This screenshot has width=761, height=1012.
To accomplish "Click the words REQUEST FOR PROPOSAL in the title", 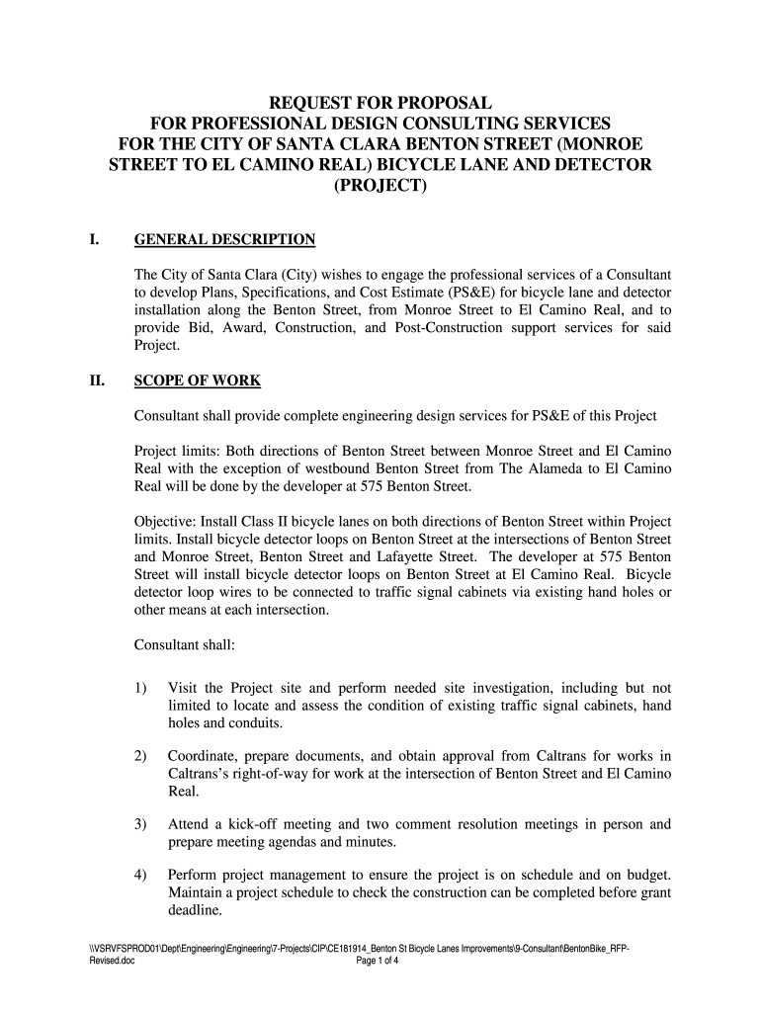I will click(380, 103).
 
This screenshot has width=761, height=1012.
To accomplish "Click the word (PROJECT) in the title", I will click(380, 186).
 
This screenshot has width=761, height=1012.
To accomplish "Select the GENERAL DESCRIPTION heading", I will click(224, 240).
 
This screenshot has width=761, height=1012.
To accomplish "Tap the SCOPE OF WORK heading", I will click(198, 381).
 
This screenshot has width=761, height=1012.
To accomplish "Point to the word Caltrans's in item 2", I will click(203, 774).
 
